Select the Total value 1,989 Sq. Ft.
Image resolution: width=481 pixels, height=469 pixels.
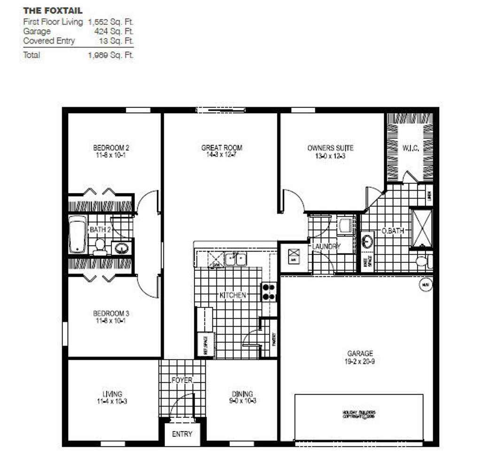pos(111,55)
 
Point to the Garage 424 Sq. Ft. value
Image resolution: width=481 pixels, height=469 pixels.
pos(114,31)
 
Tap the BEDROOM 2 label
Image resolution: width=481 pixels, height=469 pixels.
pos(111,148)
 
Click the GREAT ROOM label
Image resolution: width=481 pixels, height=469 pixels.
pos(222,148)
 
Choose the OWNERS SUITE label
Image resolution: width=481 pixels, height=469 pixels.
pos(330,148)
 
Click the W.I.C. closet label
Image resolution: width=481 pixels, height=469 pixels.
pos(411,148)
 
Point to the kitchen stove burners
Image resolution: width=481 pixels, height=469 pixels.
pos(269,292)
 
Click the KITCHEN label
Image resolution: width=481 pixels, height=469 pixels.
pos(233,295)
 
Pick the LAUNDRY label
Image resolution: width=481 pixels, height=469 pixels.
pos(326,246)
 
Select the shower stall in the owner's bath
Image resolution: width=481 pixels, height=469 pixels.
pos(421,229)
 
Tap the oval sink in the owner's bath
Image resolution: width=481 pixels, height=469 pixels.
pos(368,242)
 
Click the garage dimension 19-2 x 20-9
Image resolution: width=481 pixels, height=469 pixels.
pos(360,361)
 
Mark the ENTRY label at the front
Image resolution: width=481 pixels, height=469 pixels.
pos(182,434)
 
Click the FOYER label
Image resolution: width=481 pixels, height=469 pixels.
pos(182,380)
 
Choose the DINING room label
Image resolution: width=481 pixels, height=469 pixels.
pos(242,394)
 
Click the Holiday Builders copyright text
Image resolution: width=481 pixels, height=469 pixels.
pos(359,414)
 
